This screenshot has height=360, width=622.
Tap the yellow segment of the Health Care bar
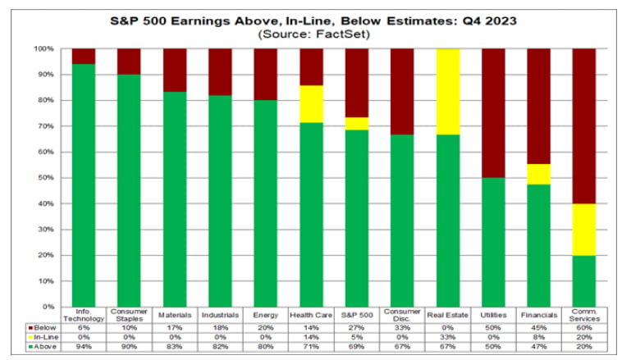[x=311, y=104]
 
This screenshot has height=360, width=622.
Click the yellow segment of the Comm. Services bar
[x=583, y=229]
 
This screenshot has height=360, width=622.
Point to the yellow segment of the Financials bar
[x=538, y=174]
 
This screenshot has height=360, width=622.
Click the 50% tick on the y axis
[x=47, y=177]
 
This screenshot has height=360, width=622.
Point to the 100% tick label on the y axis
[x=43, y=49]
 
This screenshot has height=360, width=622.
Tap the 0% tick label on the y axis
[x=47, y=306]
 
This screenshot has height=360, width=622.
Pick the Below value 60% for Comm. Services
[x=583, y=326]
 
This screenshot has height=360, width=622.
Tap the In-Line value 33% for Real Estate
[x=447, y=335]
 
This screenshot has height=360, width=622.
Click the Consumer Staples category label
[x=129, y=316]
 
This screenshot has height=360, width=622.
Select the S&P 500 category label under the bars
[x=356, y=314]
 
